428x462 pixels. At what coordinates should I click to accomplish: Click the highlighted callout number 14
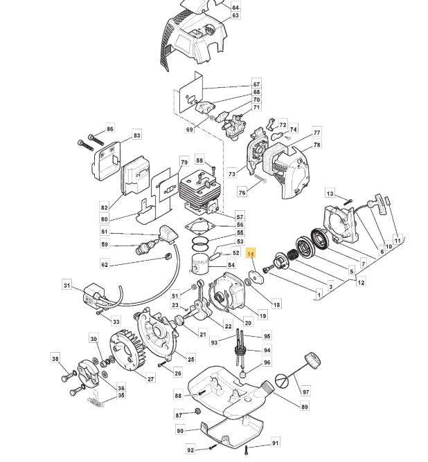[251, 255]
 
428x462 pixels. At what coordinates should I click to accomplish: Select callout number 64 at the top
[235, 7]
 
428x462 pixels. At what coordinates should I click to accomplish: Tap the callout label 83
[137, 136]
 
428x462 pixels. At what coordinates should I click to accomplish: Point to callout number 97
[306, 392]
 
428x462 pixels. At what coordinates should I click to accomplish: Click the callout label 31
[67, 285]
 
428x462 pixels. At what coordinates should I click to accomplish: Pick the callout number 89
[304, 407]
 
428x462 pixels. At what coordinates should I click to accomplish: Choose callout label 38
[55, 358]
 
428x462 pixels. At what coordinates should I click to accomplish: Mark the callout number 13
[330, 194]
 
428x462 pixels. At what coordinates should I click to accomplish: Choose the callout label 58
[199, 160]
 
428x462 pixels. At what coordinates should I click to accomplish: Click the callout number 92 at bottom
[191, 450]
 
